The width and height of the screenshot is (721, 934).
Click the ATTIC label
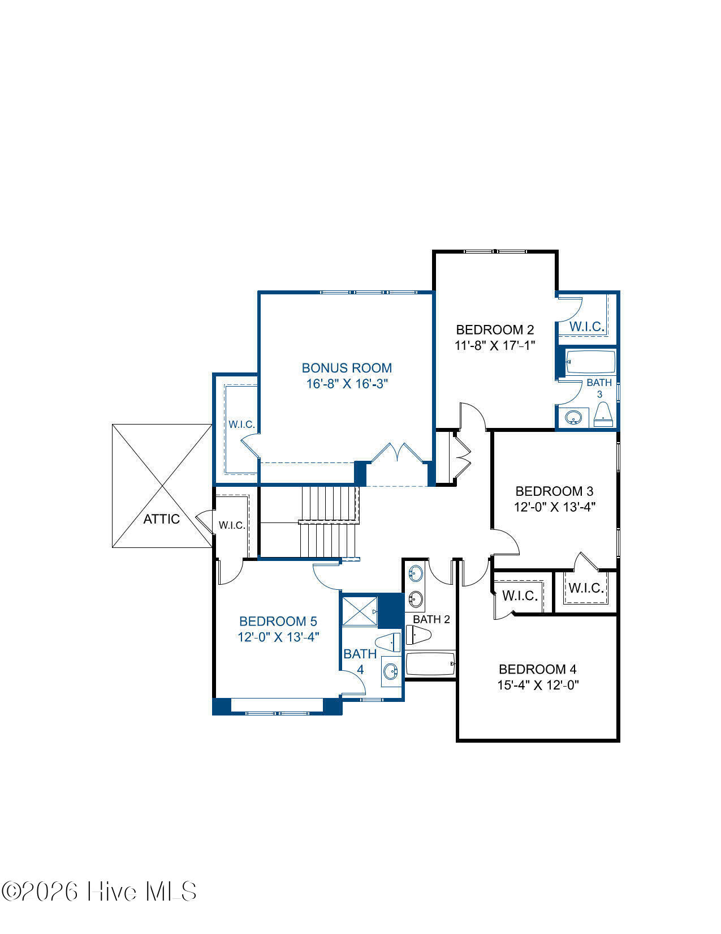point(162,519)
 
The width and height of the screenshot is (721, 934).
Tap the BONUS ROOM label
point(347,368)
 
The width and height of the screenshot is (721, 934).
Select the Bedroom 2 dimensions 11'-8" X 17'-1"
point(495,345)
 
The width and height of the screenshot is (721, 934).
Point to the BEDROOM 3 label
point(554,491)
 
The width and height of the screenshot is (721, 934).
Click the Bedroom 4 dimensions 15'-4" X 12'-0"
point(538,685)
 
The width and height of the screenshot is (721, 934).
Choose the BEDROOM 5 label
point(278,621)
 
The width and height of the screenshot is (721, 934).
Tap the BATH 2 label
point(431,619)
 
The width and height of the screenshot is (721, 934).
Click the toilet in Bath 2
point(418,635)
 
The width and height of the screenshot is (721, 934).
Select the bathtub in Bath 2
point(430,664)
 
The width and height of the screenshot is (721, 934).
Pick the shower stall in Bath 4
point(360,611)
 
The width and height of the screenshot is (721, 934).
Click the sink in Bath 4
point(390,671)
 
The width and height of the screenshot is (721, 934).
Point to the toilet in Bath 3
point(603,414)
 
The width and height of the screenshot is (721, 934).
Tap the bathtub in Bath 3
point(590,362)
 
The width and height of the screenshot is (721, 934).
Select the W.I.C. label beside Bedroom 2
point(587,326)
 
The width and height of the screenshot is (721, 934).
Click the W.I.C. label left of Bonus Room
point(242,425)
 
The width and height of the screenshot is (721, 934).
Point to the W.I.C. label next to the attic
point(232,525)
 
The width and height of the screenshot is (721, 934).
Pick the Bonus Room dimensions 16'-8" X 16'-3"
point(347,383)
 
